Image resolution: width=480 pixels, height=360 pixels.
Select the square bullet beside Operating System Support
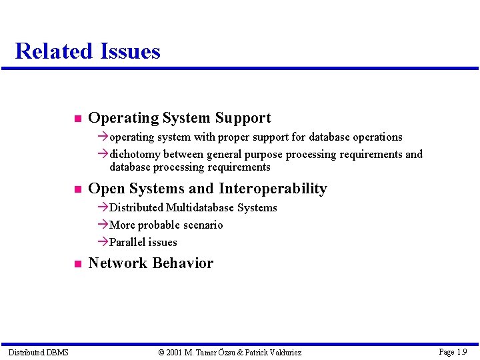pos(77,119)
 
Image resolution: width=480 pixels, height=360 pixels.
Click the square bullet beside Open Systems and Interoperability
pos(77,190)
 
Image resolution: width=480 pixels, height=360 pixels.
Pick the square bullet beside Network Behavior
pos(77,264)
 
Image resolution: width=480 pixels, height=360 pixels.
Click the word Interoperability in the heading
pos(273,189)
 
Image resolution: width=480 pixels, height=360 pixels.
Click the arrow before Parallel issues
pos(103,242)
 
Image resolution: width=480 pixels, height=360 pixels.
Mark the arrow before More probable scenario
pos(103,225)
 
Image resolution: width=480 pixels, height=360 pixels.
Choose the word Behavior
pos(184,263)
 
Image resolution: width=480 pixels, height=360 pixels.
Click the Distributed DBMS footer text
pos(38,352)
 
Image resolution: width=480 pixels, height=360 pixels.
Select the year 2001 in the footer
pos(174,352)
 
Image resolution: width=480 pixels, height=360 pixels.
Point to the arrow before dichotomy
pos(103,154)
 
